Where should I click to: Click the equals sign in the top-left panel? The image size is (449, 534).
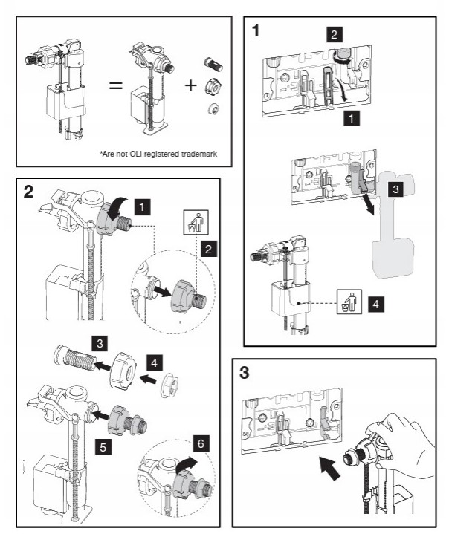[x=115, y=85]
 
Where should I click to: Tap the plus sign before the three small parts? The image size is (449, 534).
[x=190, y=85]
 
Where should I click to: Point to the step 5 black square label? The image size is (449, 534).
[x=104, y=448]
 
